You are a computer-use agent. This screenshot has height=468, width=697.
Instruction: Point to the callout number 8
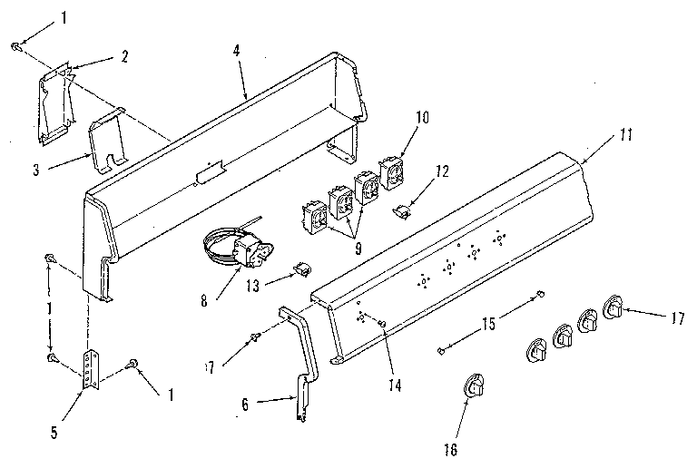coord(204,298)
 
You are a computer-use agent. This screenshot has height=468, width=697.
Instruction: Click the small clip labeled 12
coord(400,211)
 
